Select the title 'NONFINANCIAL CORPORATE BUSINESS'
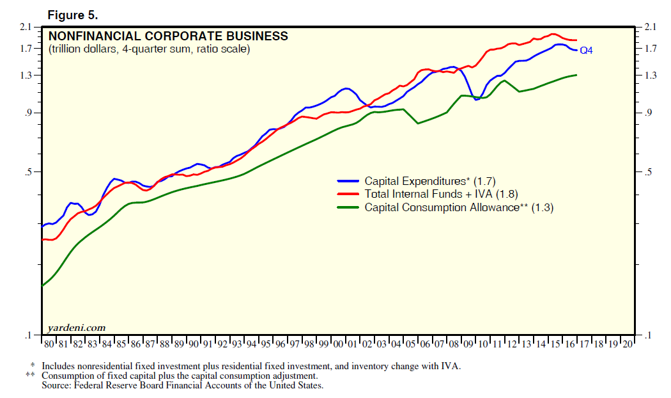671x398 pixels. tap(168, 36)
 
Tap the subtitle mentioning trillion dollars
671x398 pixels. tap(149, 49)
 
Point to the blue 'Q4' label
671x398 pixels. tap(586, 50)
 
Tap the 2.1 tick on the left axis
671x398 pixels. tap(26, 27)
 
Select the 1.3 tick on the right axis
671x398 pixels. tap(650, 76)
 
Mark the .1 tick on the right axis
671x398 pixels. tap(647, 335)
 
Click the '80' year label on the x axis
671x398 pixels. tap(48, 344)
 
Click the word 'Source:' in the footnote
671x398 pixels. tap(56, 386)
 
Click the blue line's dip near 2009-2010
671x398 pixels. tap(476, 99)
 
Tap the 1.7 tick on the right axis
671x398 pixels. tap(650, 49)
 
